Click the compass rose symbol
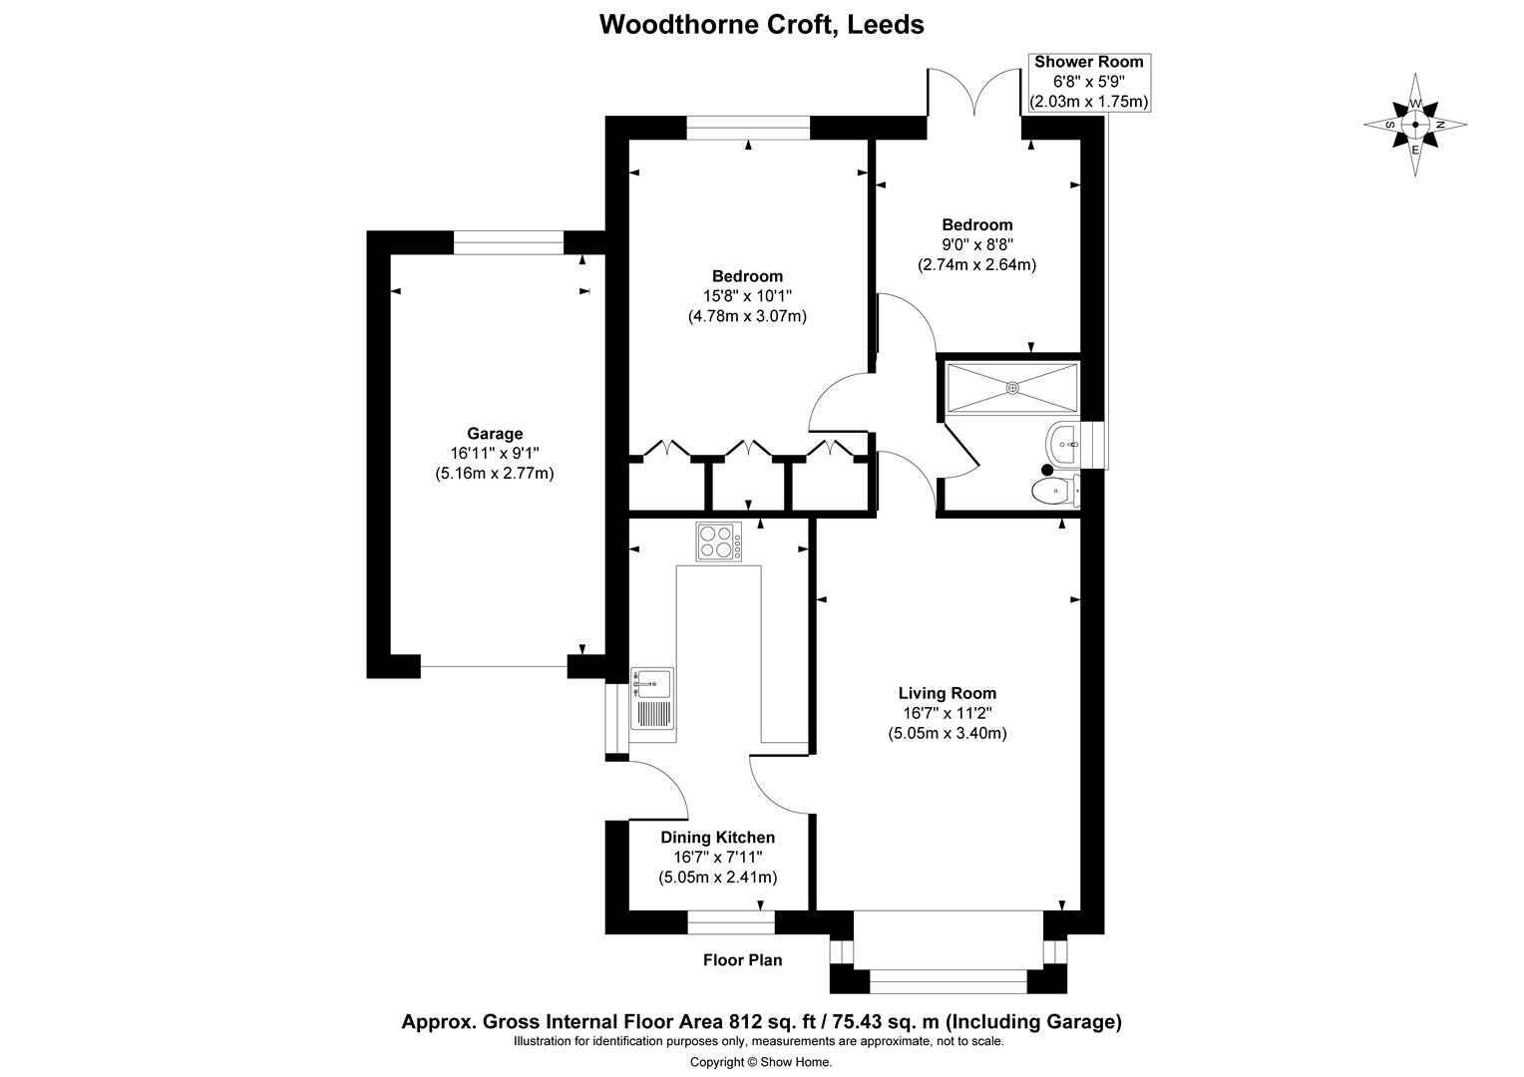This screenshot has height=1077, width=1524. (1414, 126)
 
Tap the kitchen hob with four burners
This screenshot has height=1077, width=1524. (718, 542)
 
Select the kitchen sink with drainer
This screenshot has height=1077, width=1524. (652, 699)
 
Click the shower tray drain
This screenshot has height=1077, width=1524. (1012, 387)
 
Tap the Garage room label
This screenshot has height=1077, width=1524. (495, 434)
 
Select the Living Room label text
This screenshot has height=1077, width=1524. (947, 693)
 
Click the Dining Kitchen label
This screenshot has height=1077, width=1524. (717, 838)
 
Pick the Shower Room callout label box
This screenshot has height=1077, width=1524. (1088, 82)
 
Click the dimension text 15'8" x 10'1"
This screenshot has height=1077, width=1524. (747, 296)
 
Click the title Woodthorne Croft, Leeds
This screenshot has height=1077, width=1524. (761, 24)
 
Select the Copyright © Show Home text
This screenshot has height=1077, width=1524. (761, 1062)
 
